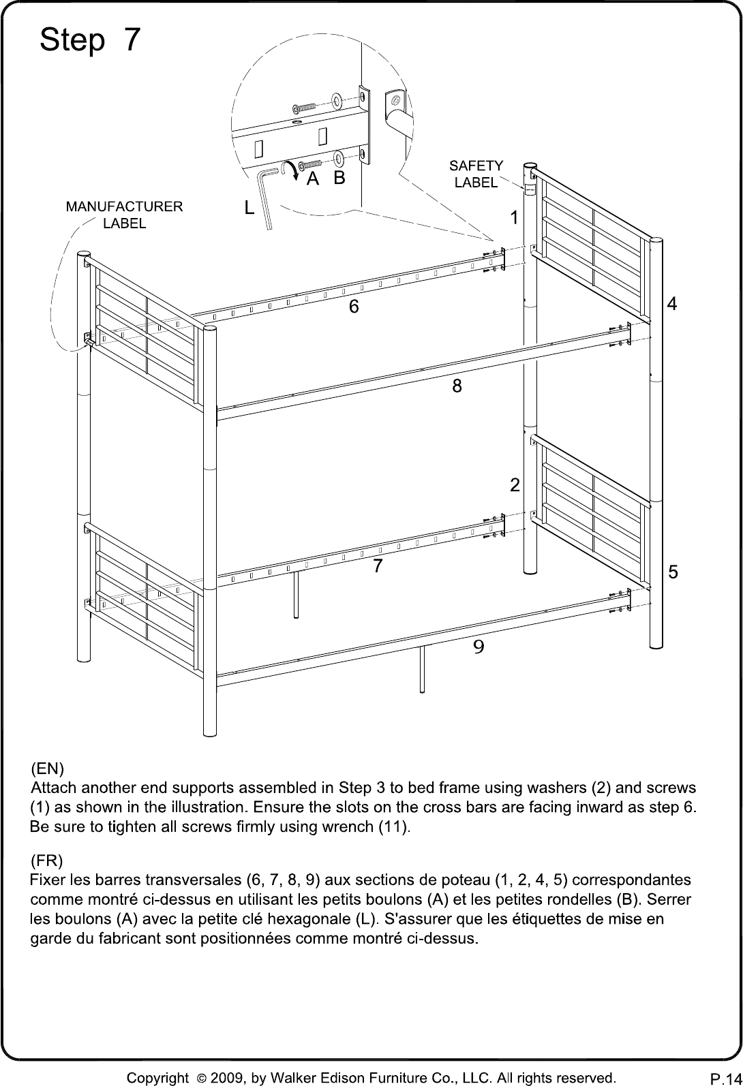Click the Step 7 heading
click(x=90, y=41)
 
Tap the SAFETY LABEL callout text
click(x=476, y=174)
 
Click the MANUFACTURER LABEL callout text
click(x=124, y=215)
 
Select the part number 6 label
click(x=354, y=307)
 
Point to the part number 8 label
click(x=457, y=386)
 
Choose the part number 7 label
click(x=378, y=565)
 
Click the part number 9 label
click(x=479, y=647)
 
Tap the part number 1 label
click(x=514, y=218)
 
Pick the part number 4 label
click(x=671, y=303)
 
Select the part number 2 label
click(x=515, y=485)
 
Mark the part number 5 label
click(x=673, y=572)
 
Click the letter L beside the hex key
click(x=249, y=208)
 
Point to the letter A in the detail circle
click(x=313, y=179)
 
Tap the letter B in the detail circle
click(x=339, y=178)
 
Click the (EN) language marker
click(x=47, y=769)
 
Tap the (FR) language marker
click(x=46, y=861)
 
